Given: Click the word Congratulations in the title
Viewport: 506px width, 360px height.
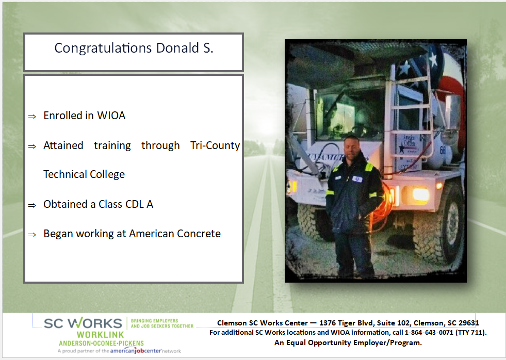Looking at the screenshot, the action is [x=103, y=48].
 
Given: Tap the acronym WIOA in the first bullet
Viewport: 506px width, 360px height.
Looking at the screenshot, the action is [x=111, y=116].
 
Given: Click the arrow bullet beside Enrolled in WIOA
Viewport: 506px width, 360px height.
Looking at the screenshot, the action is [x=32, y=117].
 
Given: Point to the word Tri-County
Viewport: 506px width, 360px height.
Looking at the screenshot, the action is [x=215, y=145].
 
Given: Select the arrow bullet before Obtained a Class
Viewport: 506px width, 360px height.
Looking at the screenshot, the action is [x=32, y=205].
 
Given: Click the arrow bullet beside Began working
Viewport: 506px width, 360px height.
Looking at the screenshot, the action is [x=32, y=235].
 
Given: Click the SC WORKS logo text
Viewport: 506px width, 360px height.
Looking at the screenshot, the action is [x=83, y=323].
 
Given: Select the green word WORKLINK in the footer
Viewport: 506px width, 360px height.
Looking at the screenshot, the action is [x=101, y=335].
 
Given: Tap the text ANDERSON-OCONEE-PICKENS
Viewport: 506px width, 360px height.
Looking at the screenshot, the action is [x=101, y=343].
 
